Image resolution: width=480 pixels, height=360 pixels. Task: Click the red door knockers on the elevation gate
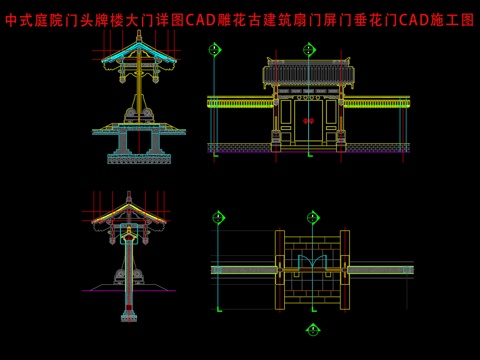click(308, 121)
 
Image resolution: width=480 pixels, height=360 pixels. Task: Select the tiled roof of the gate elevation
click(308, 72)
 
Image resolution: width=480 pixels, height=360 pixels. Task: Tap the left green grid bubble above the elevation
click(214, 49)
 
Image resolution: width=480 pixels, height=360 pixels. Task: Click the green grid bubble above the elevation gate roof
click(308, 49)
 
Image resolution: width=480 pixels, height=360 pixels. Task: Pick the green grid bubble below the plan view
click(312, 330)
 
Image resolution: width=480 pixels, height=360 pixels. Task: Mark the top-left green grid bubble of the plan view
click(218, 217)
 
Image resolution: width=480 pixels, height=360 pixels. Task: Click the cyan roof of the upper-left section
click(138, 60)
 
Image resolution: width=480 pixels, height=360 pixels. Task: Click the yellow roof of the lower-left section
click(128, 212)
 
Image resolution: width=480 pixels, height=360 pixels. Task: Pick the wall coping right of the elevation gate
click(378, 101)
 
